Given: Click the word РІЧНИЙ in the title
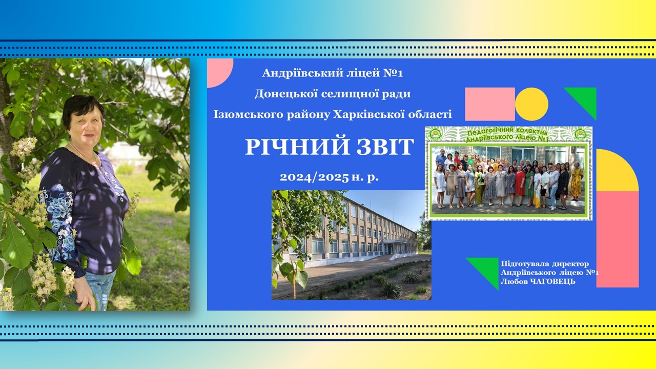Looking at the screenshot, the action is pyautogui.click(x=297, y=147).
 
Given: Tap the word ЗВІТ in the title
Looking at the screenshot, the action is pyautogui.click(x=385, y=147).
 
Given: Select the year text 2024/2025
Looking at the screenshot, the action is pyautogui.click(x=314, y=177).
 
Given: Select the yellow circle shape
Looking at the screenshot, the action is pyautogui.click(x=531, y=104).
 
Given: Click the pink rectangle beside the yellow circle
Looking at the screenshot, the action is pyautogui.click(x=490, y=104).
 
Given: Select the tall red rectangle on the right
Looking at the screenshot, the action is pyautogui.click(x=618, y=239).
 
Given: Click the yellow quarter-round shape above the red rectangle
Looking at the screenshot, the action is pyautogui.click(x=615, y=173).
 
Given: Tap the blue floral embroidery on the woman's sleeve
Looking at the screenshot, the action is pyautogui.click(x=60, y=211).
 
